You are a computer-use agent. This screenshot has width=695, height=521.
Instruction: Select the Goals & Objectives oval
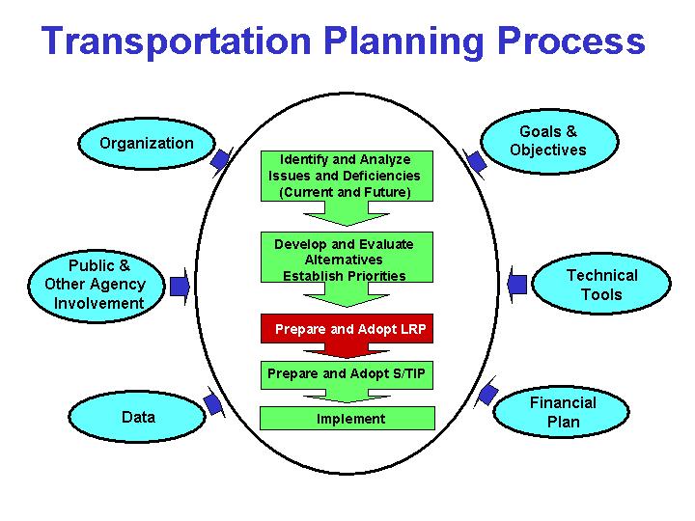point(547,141)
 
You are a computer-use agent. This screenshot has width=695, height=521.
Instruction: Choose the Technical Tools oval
point(600,285)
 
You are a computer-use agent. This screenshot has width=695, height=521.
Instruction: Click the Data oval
point(138,418)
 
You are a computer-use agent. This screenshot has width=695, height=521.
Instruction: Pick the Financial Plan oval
point(563,412)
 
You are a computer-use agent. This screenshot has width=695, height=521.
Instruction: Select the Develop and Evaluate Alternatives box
point(344,259)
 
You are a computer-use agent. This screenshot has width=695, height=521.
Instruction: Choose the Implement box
point(349,418)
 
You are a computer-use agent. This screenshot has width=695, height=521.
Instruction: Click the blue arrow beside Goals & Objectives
point(474,160)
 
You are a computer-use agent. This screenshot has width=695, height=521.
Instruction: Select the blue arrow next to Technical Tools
point(515,284)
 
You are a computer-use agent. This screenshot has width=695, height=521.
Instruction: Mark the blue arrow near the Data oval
point(212,403)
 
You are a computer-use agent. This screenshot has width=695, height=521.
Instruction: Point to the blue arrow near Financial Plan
point(487,394)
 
